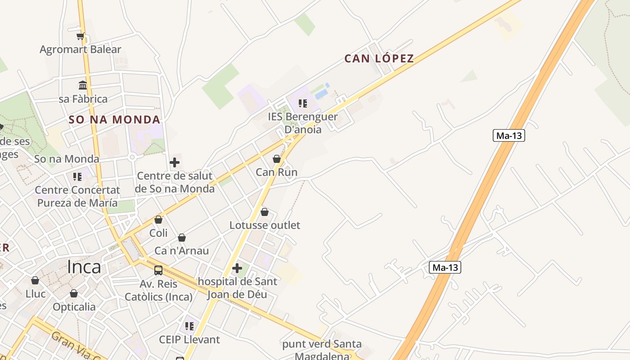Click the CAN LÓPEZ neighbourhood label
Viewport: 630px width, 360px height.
click(x=379, y=58)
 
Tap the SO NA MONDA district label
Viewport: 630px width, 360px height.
click(x=114, y=120)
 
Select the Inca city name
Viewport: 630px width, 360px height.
click(x=84, y=267)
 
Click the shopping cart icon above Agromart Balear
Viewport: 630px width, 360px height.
click(x=81, y=36)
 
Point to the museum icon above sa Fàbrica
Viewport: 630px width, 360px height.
click(x=83, y=85)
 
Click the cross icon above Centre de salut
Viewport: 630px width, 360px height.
click(x=175, y=162)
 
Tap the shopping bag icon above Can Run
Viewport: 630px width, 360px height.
click(x=277, y=159)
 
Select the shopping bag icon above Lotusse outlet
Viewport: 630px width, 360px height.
click(x=265, y=212)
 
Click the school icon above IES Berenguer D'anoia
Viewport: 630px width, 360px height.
click(x=303, y=103)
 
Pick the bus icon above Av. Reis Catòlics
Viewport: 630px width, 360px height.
click(x=158, y=270)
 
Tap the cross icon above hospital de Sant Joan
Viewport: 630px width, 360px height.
click(x=237, y=269)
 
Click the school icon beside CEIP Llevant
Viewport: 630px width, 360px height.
click(x=189, y=326)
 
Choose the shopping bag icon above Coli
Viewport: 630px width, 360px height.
click(x=158, y=220)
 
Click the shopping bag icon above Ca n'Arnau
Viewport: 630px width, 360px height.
click(x=182, y=238)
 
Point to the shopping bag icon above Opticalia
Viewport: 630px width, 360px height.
click(x=74, y=294)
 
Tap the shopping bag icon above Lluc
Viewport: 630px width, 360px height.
click(x=35, y=281)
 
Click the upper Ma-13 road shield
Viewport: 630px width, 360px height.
click(x=509, y=135)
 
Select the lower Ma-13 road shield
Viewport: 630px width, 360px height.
click(x=445, y=267)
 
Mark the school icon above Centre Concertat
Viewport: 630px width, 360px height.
click(x=77, y=177)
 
